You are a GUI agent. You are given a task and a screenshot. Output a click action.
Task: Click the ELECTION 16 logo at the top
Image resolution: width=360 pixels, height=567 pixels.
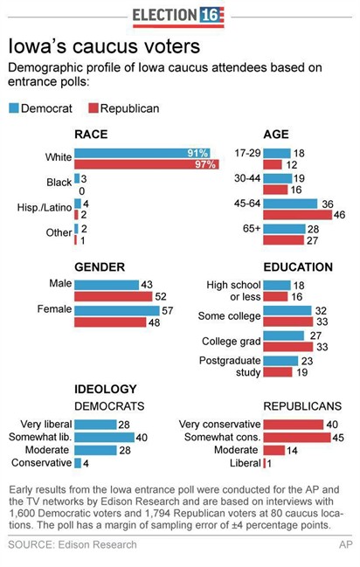178,15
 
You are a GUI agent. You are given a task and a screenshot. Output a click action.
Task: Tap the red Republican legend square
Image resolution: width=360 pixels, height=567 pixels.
93,108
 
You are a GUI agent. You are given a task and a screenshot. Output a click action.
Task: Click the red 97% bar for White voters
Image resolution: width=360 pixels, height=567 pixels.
146,164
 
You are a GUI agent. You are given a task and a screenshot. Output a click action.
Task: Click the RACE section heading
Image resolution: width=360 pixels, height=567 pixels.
91,135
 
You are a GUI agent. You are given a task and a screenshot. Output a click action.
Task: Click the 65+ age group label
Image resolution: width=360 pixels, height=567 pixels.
246,234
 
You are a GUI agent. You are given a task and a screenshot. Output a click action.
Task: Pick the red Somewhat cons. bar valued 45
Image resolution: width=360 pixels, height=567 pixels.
298,437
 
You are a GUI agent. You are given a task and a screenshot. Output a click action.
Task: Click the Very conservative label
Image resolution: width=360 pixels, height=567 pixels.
218,425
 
